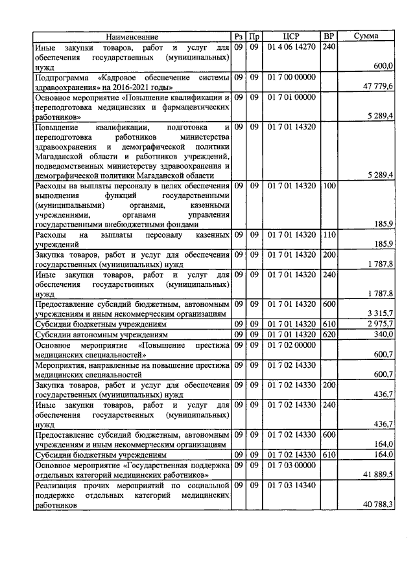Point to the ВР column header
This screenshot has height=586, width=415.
tap(329, 37)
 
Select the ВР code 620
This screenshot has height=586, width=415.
tap(329, 334)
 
